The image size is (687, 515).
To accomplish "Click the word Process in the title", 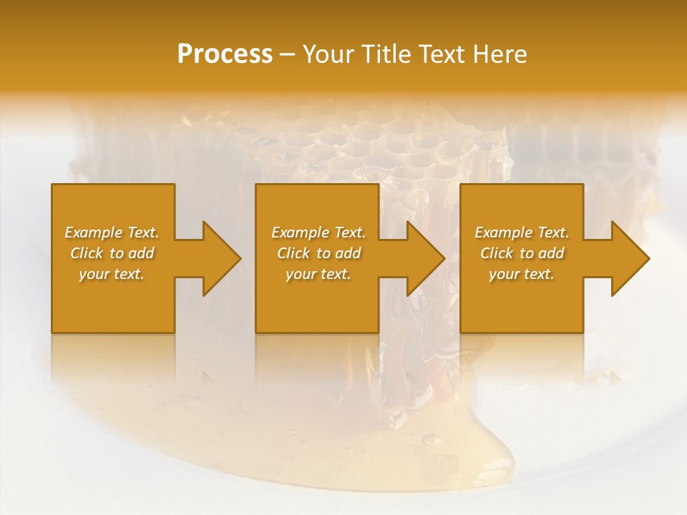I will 225,54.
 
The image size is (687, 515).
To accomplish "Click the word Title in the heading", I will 384,54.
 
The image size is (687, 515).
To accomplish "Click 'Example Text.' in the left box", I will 112,232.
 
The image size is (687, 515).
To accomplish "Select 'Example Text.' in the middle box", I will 318,232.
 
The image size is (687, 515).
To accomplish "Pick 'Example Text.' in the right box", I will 522,232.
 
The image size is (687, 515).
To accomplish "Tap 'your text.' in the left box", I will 112,274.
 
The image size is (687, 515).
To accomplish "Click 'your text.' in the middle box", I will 318,274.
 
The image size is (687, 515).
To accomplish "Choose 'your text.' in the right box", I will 522,274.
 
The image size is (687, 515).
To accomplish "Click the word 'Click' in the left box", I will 87,253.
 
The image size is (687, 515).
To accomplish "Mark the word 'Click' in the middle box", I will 293,253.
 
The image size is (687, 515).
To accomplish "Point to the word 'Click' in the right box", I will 497,253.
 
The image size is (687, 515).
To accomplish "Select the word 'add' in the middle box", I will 347,253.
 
